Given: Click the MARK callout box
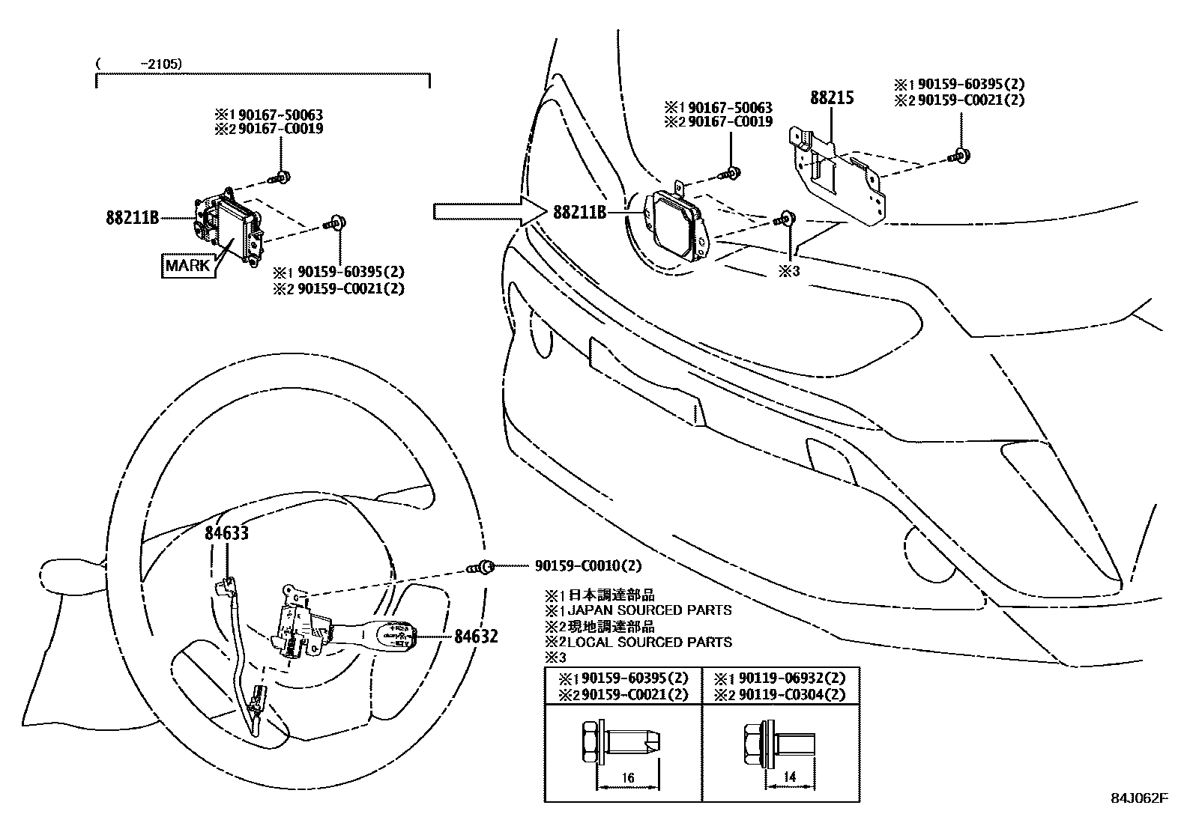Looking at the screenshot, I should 188,265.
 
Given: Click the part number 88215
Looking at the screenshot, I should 831,97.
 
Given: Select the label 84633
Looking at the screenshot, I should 227,533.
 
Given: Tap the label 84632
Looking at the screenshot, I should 475,637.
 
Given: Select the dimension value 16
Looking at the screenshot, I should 628,778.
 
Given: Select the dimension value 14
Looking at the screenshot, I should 789,778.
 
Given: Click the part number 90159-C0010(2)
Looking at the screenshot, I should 588,566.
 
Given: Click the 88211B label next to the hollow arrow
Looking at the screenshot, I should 579,212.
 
